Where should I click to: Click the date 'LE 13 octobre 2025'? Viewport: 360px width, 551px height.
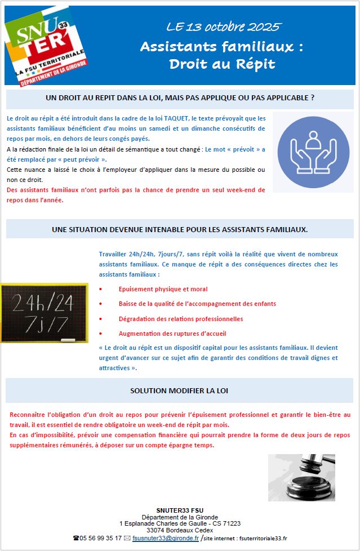[223, 27]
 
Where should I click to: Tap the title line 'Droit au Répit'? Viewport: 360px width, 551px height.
[222, 64]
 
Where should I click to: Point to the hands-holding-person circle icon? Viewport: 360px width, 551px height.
[313, 152]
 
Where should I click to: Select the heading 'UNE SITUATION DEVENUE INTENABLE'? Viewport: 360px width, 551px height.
[180, 229]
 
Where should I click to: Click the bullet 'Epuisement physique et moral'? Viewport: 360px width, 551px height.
[163, 289]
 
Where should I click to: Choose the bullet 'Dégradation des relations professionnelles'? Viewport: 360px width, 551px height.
[180, 318]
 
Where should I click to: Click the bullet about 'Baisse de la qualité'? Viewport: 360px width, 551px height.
[197, 304]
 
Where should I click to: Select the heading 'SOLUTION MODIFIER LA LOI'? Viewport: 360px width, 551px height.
[180, 390]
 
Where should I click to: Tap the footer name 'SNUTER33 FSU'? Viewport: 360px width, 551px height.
[180, 510]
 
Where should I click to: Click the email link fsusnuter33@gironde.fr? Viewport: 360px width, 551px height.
[166, 538]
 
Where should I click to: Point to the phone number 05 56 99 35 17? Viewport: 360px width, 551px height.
[101, 538]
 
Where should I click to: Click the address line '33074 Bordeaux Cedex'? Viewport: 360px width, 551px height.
[180, 530]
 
